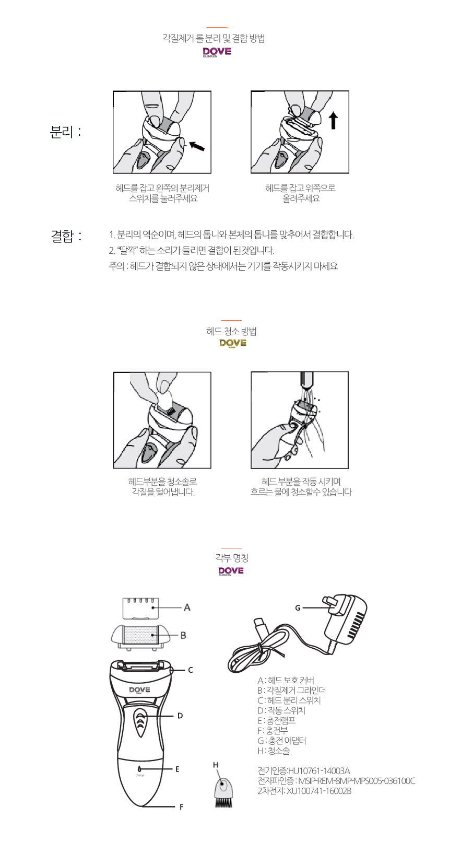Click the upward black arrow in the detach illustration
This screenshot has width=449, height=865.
[334, 121]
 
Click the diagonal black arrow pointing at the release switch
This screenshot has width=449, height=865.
[196, 146]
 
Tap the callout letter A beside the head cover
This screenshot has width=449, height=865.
[187, 607]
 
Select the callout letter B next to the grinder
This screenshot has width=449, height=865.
[183, 635]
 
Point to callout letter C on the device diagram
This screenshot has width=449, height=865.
[190, 670]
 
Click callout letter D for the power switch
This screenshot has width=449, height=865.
[180, 716]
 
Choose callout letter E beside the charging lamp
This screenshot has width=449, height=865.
[177, 769]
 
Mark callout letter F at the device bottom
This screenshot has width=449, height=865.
[182, 806]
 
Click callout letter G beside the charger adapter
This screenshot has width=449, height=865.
[297, 608]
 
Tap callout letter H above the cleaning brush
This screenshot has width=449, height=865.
[216, 765]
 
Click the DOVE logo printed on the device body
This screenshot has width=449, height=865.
[139, 690]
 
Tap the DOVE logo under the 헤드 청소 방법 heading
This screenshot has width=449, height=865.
[232, 343]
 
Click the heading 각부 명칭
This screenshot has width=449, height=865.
[232, 558]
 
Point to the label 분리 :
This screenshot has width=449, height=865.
[66, 132]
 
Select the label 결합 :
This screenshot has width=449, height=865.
[66, 236]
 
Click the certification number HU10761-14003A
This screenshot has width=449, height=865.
[319, 771]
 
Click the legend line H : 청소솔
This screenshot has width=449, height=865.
[274, 751]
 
